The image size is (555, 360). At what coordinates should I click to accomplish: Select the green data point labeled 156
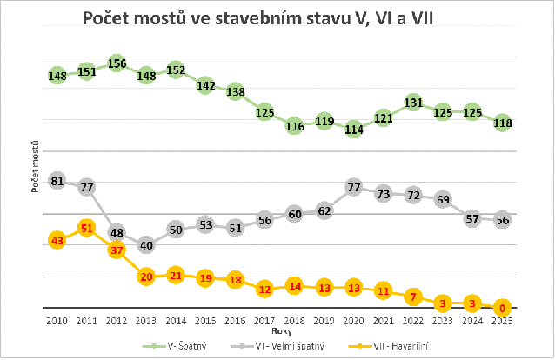[x=116, y=63]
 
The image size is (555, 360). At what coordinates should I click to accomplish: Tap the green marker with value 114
[x=353, y=129]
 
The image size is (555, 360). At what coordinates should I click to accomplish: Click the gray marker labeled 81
[x=57, y=182]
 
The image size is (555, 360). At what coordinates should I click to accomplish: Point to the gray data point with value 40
[x=146, y=245]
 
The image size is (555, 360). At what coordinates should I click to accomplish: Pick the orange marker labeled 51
[x=86, y=228]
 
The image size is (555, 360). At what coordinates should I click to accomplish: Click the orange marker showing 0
[x=502, y=307]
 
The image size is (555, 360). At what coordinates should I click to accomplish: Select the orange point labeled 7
[x=412, y=296]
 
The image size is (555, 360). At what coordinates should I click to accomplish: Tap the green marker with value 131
[x=412, y=103]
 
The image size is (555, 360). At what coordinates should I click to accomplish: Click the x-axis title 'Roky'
[x=279, y=331]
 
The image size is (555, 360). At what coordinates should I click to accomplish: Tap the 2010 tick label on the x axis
[x=57, y=322]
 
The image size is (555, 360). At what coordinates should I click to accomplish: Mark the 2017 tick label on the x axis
[x=264, y=322]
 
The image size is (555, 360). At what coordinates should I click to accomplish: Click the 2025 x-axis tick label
[x=502, y=322]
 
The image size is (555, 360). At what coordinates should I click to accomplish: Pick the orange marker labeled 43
[x=57, y=240]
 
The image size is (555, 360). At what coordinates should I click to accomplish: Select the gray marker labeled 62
[x=324, y=210]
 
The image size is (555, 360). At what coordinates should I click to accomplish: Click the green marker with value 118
[x=502, y=123]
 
